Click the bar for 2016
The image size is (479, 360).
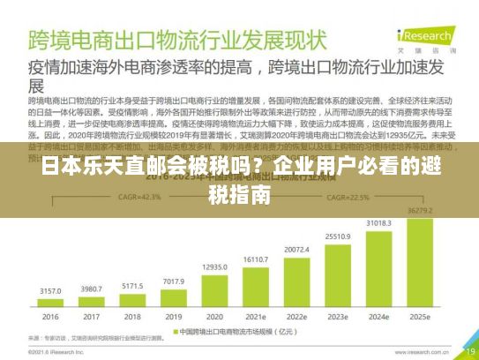[51, 304]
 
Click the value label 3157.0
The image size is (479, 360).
[51, 290]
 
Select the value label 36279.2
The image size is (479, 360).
[420, 210]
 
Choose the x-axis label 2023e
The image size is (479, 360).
[338, 317]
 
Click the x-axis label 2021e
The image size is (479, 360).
[256, 317]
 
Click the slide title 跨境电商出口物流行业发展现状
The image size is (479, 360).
[177, 40]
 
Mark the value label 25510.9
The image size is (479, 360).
[338, 236]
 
